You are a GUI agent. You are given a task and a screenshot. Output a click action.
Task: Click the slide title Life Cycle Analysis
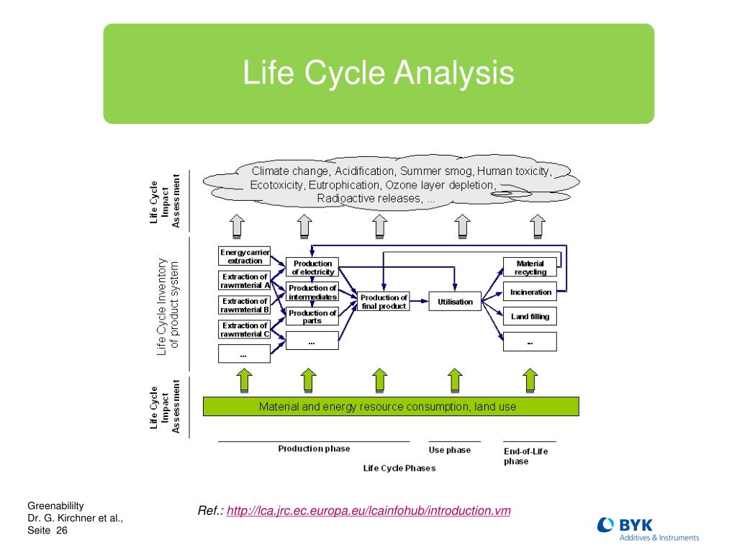coord(379,73)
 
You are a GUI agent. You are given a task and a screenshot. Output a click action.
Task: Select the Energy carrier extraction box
coord(245,256)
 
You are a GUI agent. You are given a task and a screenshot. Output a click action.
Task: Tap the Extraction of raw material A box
coord(245,281)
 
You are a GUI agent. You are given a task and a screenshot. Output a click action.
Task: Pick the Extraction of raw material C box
coord(245,330)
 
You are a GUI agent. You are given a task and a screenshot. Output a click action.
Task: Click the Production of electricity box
coord(312,268)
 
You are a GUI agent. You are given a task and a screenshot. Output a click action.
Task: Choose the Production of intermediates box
coord(312,292)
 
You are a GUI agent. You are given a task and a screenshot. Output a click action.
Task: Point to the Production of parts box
coord(312,317)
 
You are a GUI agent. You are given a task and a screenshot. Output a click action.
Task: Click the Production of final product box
coord(384,302)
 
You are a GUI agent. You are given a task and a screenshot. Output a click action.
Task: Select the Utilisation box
coord(455,302)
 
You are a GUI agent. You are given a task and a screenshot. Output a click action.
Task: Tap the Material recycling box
coord(530,268)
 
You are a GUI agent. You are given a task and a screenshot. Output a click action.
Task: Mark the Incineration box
coord(530,292)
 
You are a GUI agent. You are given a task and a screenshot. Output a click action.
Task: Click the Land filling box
coord(530,317)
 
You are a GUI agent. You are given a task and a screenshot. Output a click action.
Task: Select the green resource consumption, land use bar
coord(391,406)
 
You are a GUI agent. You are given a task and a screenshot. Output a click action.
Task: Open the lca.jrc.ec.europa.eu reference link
coord(368,511)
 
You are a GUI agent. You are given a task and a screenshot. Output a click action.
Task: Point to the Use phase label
coord(450,450)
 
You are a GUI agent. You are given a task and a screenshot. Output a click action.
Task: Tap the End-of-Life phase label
coord(525,457)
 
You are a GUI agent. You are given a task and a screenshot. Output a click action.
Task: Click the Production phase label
coord(314,449)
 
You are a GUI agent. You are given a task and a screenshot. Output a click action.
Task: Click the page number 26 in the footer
coord(61,531)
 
